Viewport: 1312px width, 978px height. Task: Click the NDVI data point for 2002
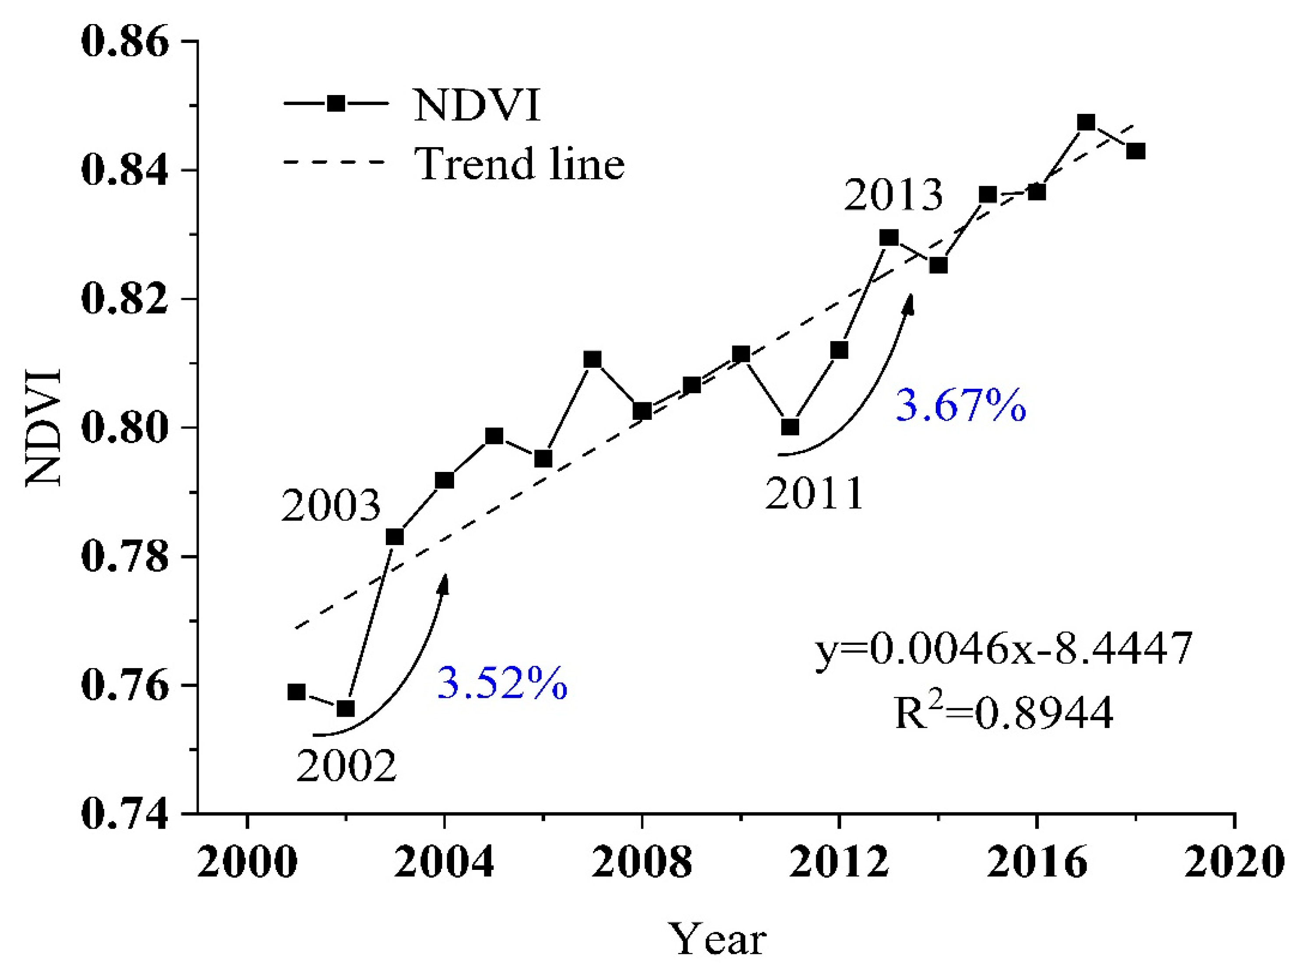(x=345, y=708)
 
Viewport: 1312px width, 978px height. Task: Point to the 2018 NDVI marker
(x=1136, y=151)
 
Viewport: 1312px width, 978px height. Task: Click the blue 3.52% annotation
(x=502, y=684)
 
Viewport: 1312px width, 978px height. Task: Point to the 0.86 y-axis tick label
(x=124, y=42)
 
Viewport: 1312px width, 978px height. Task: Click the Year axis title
(x=718, y=939)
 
